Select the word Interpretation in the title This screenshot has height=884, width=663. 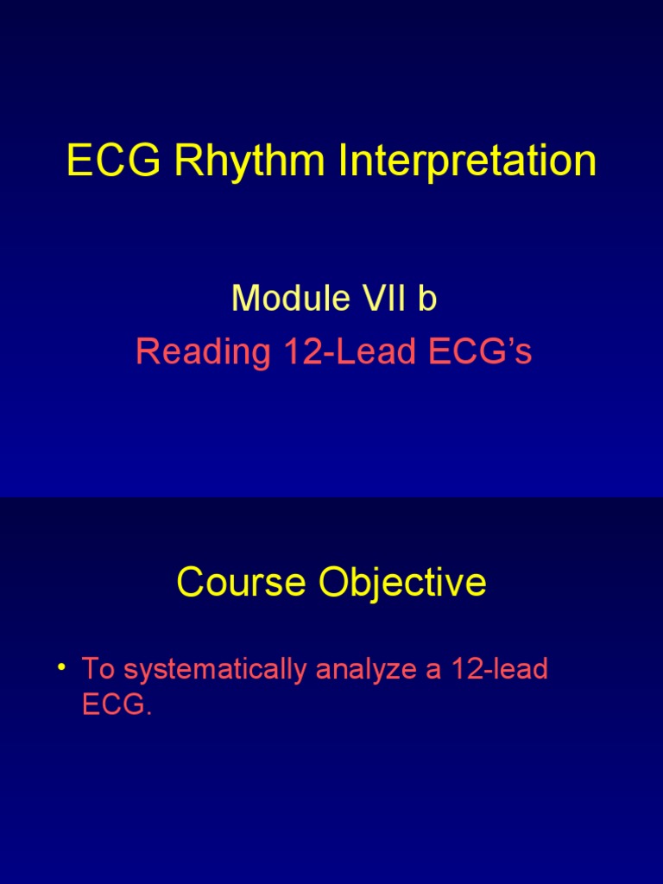467,161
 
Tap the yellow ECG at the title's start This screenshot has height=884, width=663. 114,160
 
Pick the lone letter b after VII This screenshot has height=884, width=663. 427,298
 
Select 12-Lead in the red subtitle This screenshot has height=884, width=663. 350,350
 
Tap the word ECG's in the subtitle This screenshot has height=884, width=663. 480,350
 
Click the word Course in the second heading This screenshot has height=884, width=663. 242,582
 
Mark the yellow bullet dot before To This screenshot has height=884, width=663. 61,668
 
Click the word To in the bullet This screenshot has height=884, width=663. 98,669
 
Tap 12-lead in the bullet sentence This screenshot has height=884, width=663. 500,669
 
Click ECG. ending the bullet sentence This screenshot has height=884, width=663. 117,704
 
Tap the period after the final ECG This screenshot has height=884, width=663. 148,713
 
